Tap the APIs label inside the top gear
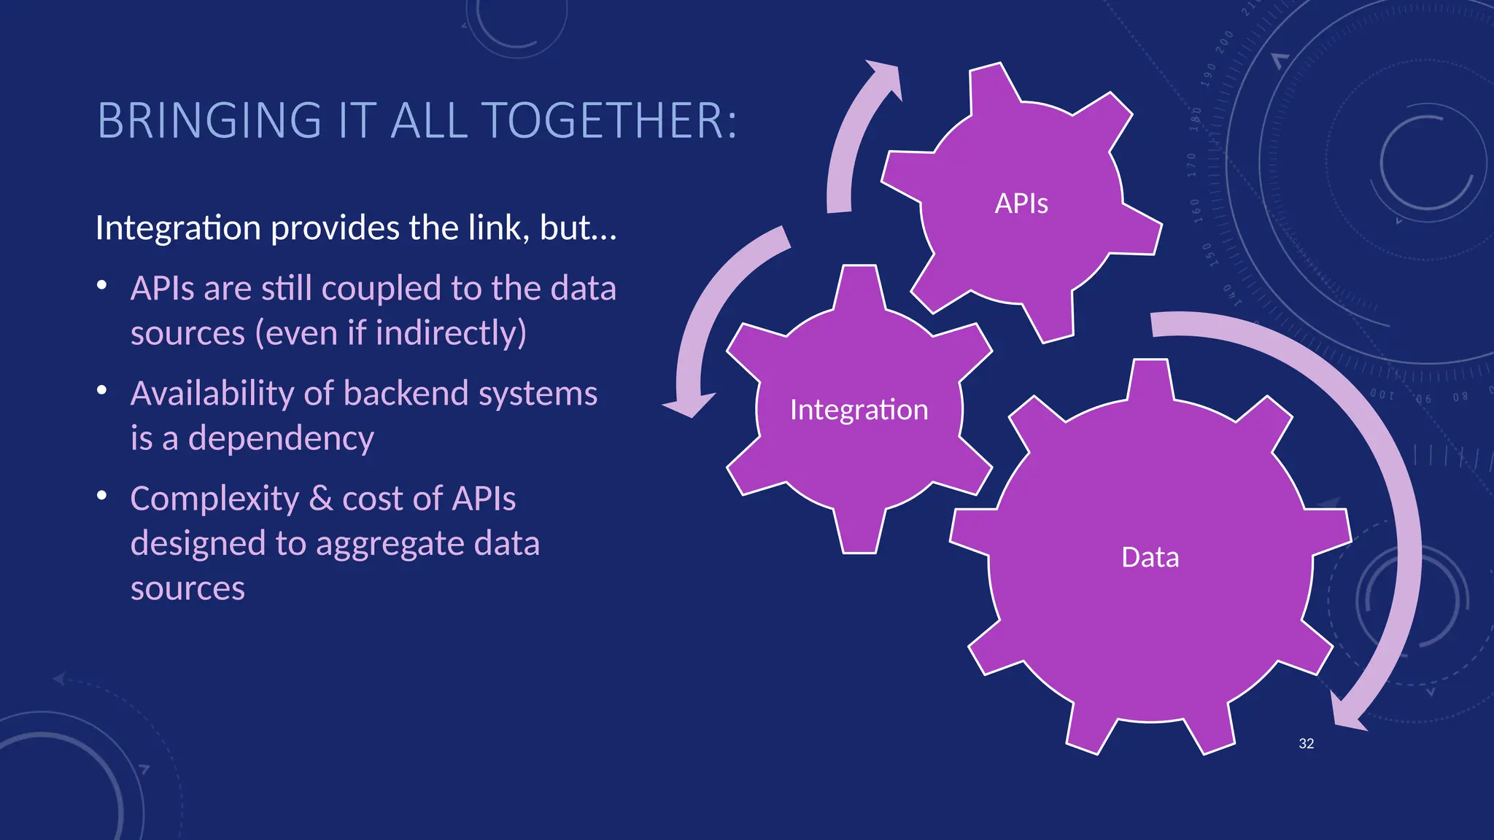tap(1021, 203)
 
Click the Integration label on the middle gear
tap(859, 410)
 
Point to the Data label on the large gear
tap(1150, 557)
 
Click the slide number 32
tap(1306, 744)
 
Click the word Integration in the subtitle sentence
tap(178, 228)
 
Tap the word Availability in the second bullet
tap(212, 394)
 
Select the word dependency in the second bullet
tap(281, 438)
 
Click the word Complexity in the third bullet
tap(214, 499)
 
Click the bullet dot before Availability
tap(102, 390)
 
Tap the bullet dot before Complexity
tap(102, 496)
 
